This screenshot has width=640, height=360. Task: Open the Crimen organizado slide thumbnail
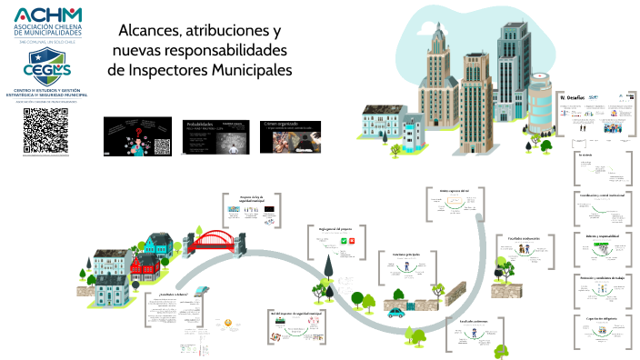coord(293,133)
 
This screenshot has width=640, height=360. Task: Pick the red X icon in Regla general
coord(352,242)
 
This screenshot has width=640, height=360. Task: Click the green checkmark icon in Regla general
coord(342,242)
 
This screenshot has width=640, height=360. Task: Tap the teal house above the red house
coord(155,243)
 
